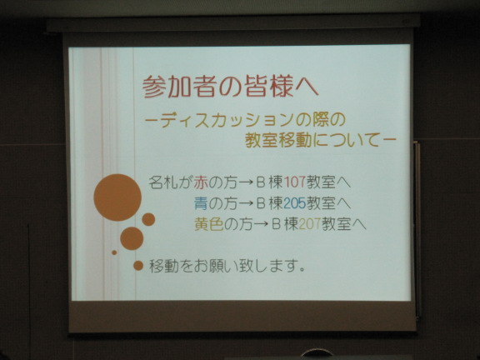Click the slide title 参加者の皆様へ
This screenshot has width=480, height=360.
(x=231, y=87)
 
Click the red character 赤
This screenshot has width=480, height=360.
(x=201, y=182)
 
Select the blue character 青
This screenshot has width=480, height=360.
(x=201, y=203)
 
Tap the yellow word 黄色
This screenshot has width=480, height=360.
(x=209, y=224)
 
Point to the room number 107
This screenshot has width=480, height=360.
(x=295, y=182)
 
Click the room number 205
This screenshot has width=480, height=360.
(x=295, y=203)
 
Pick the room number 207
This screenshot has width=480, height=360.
(x=309, y=224)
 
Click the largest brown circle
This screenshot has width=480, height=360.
(x=117, y=197)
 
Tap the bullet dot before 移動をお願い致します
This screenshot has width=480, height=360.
(x=138, y=265)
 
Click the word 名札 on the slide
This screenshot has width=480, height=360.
(x=162, y=182)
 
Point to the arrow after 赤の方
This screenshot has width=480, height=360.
(x=246, y=183)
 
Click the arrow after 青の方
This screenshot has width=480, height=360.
(x=246, y=204)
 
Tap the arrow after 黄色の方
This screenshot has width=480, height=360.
(x=261, y=225)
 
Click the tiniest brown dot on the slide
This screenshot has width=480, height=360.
(x=114, y=252)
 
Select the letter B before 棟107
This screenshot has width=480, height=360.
(x=261, y=182)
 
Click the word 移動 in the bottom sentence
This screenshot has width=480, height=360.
(x=163, y=266)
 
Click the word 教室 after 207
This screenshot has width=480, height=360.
(x=336, y=224)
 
